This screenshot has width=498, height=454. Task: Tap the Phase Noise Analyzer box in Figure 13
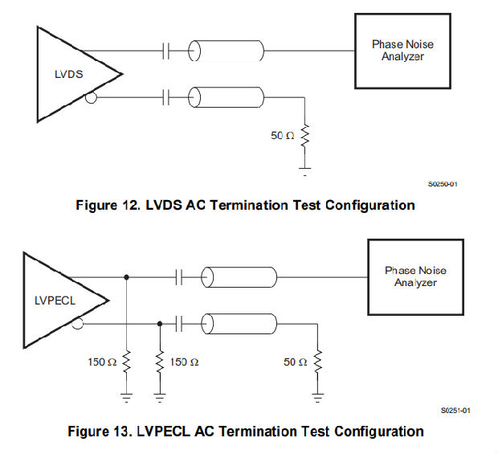[414, 276]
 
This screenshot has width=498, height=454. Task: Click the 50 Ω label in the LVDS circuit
[283, 136]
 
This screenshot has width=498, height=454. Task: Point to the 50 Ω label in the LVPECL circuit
[295, 362]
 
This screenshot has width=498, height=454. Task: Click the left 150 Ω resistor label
[101, 362]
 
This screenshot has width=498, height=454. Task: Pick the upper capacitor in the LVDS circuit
[166, 52]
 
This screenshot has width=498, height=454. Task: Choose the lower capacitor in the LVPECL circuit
[179, 324]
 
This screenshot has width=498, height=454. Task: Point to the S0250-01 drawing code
[443, 184]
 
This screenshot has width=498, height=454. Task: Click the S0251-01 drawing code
[455, 411]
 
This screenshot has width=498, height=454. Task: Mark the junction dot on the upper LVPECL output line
[126, 278]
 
